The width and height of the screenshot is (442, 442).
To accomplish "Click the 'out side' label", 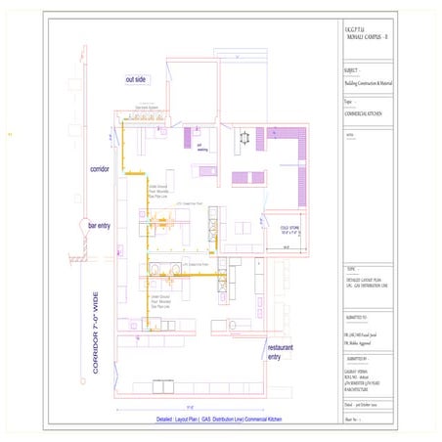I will click(135, 78).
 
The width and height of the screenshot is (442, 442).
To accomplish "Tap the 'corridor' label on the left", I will click(103, 167).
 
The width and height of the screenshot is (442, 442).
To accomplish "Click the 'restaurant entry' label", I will click(281, 351).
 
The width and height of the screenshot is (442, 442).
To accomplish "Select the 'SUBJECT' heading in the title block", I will click(352, 71).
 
